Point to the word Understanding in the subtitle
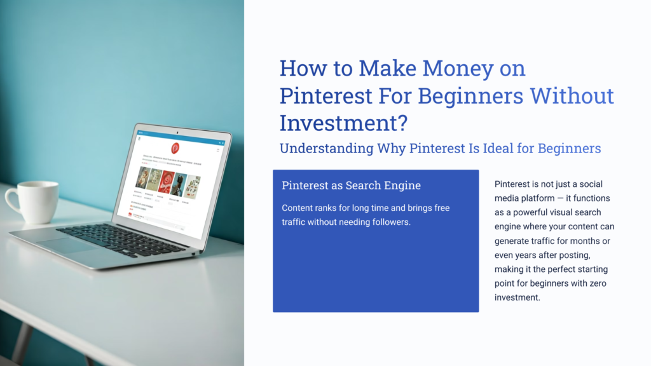pos(326,149)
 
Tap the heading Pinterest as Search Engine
pos(351,186)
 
